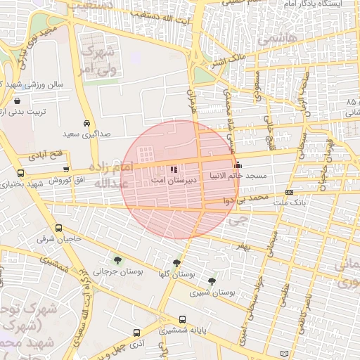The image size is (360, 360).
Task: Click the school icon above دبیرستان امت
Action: pyautogui.click(x=174, y=169)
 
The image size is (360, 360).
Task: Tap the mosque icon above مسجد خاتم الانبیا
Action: pyautogui.click(x=236, y=165)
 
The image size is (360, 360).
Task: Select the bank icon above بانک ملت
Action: pyautogui.click(x=289, y=193)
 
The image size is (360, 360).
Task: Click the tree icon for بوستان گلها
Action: pyautogui.click(x=186, y=264)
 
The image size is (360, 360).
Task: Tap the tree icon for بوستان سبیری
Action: pyautogui.click(x=222, y=280)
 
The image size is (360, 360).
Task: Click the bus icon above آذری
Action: pyautogui.click(x=136, y=333)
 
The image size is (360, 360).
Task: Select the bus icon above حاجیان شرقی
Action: pyautogui.click(x=58, y=229)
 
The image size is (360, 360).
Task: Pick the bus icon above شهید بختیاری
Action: pyautogui.click(x=20, y=173)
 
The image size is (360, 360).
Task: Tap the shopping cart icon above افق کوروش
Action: pyautogui.click(x=66, y=169)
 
